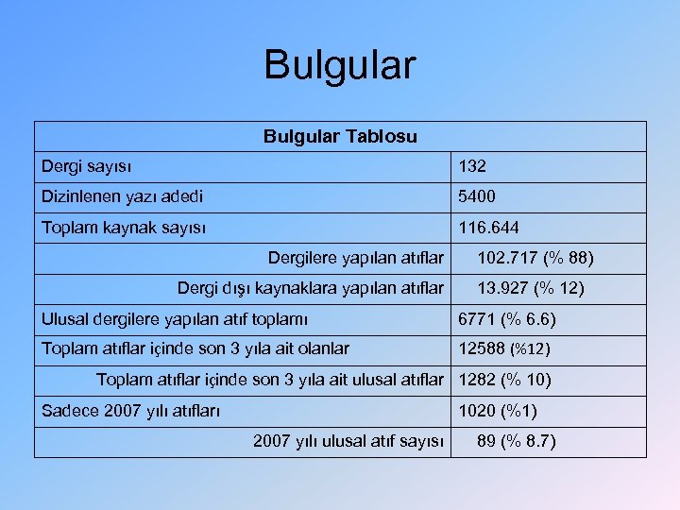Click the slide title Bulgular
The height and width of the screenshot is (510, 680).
tap(339, 65)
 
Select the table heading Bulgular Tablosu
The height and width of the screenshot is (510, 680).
tap(340, 136)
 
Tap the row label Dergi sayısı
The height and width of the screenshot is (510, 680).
tap(87, 166)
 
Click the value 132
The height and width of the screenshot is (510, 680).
tap(472, 166)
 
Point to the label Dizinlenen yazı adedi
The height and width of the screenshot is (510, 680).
tap(122, 197)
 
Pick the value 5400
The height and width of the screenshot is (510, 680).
tap(477, 197)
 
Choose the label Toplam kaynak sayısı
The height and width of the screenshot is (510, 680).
tap(125, 228)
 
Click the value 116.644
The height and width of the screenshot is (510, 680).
tap(488, 228)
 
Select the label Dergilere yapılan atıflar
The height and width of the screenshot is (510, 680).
tap(356, 257)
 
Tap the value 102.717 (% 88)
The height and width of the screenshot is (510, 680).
tap(535, 257)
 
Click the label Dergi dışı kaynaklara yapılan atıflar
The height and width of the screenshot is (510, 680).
tap(311, 287)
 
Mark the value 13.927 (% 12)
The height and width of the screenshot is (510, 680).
tap(531, 287)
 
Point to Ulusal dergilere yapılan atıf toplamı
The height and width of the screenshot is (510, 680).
tap(175, 319)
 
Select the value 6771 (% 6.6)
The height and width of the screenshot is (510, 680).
tap(507, 319)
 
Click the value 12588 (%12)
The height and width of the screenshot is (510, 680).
tap(504, 348)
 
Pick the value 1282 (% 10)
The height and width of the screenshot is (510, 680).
tap(505, 380)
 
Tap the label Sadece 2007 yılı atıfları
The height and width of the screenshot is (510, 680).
tap(131, 411)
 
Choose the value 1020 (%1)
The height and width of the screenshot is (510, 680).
tap(498, 411)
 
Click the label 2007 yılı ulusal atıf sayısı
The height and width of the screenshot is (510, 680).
tap(348, 440)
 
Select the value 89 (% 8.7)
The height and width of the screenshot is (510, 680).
tap(517, 440)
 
